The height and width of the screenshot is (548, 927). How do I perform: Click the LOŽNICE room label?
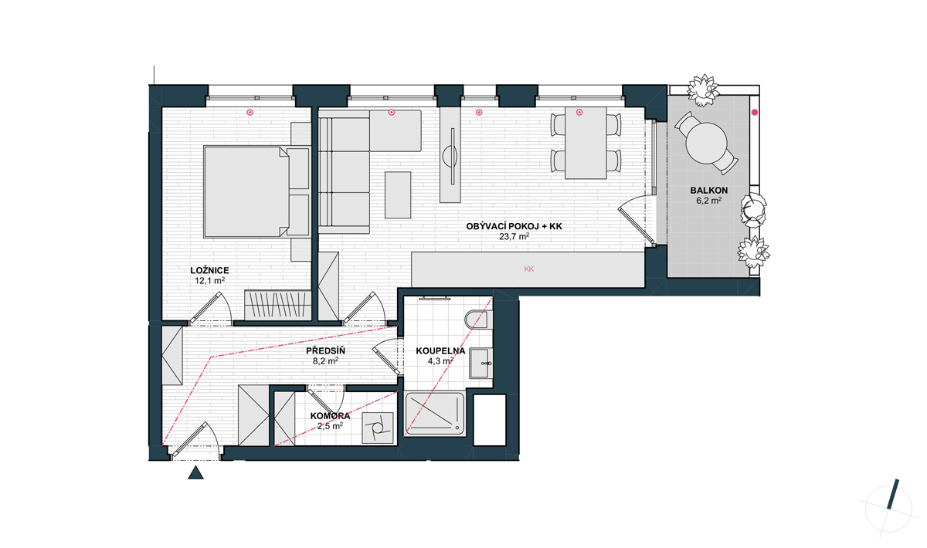(x=209, y=270)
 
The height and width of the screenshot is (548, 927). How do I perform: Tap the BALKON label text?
(x=709, y=191)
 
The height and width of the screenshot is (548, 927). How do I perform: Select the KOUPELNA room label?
(x=440, y=351)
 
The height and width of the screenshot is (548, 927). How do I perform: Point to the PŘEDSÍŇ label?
(x=325, y=350)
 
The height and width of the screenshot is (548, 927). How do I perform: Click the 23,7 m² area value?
(x=514, y=237)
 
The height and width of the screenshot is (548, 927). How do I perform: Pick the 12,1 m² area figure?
(x=210, y=280)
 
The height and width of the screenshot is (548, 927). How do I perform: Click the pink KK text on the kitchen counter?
(x=528, y=269)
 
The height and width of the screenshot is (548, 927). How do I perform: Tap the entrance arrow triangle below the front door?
(x=195, y=472)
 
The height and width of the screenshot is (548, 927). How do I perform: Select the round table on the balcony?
(x=706, y=143)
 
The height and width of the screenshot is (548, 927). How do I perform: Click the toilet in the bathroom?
(x=478, y=319)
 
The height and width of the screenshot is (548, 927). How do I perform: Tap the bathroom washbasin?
(x=480, y=363)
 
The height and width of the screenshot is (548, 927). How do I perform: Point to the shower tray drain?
(x=457, y=428)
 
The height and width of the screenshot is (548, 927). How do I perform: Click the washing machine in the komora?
(x=378, y=428)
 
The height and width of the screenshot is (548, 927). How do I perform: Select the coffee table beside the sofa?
(x=398, y=195)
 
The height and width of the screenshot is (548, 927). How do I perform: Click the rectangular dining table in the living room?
(x=586, y=143)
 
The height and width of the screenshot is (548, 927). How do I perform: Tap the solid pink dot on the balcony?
(x=755, y=112)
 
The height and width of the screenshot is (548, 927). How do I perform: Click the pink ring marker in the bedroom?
(x=250, y=112)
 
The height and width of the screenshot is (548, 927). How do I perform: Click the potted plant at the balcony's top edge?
(x=703, y=90)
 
